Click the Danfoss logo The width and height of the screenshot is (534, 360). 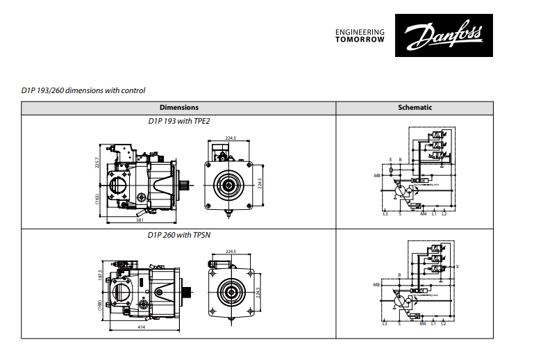pos(436,35)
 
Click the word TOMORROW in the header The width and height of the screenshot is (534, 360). pos(360,40)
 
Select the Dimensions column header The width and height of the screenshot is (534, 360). pos(179,108)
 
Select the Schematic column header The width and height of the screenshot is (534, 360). pos(415,108)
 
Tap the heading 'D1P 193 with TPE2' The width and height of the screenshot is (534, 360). pos(179,121)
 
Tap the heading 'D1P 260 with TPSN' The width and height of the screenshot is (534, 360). pos(179,235)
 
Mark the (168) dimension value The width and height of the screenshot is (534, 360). pos(100,305)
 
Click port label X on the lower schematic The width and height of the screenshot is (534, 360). pos(458,267)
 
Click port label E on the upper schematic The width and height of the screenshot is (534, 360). pos(391,159)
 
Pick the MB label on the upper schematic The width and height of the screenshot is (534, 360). pos(376,176)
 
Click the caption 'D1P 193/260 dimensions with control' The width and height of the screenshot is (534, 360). pos(83,90)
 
